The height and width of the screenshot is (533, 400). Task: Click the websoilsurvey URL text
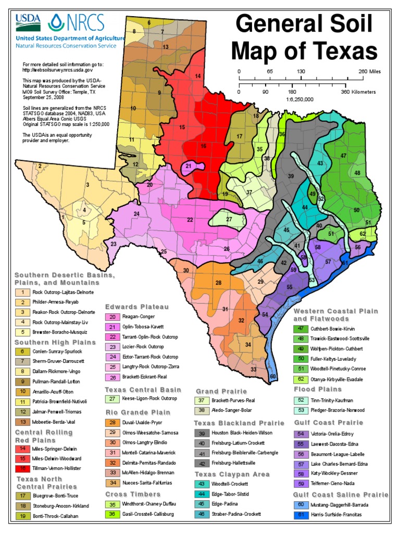click(x=57, y=69)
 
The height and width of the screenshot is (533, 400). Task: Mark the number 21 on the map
click(x=189, y=166)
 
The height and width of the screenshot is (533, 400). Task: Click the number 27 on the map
click(x=229, y=219)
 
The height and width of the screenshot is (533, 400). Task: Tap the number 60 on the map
click(x=273, y=376)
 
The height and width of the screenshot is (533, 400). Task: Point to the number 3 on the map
click(x=88, y=184)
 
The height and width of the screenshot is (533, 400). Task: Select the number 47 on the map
click(x=343, y=156)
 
